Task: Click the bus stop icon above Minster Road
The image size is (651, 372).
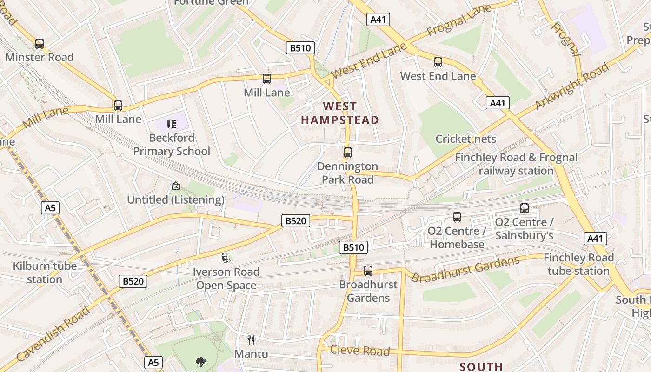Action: (x=40, y=44)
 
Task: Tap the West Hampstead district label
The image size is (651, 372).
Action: (x=340, y=113)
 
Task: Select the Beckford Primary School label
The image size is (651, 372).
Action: (x=172, y=145)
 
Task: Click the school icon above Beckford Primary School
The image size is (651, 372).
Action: (x=172, y=124)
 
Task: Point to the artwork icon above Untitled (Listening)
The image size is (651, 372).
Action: (x=176, y=186)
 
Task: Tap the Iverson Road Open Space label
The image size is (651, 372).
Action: (x=226, y=279)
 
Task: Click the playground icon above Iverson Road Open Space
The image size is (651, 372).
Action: (x=226, y=258)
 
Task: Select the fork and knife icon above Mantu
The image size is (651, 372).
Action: (x=251, y=340)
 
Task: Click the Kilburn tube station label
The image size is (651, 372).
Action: (x=45, y=273)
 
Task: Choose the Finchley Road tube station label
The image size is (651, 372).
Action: (x=578, y=264)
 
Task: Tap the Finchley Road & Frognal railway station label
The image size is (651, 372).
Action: (x=516, y=164)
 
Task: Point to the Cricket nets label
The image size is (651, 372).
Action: (x=466, y=139)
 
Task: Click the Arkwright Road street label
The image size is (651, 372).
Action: (x=571, y=87)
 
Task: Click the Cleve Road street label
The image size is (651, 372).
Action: (x=359, y=351)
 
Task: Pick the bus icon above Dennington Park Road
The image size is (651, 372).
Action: (x=347, y=152)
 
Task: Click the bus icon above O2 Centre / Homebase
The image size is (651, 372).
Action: (x=457, y=217)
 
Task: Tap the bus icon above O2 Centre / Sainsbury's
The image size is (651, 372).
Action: (x=525, y=208)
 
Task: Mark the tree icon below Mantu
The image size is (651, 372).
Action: (x=201, y=362)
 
